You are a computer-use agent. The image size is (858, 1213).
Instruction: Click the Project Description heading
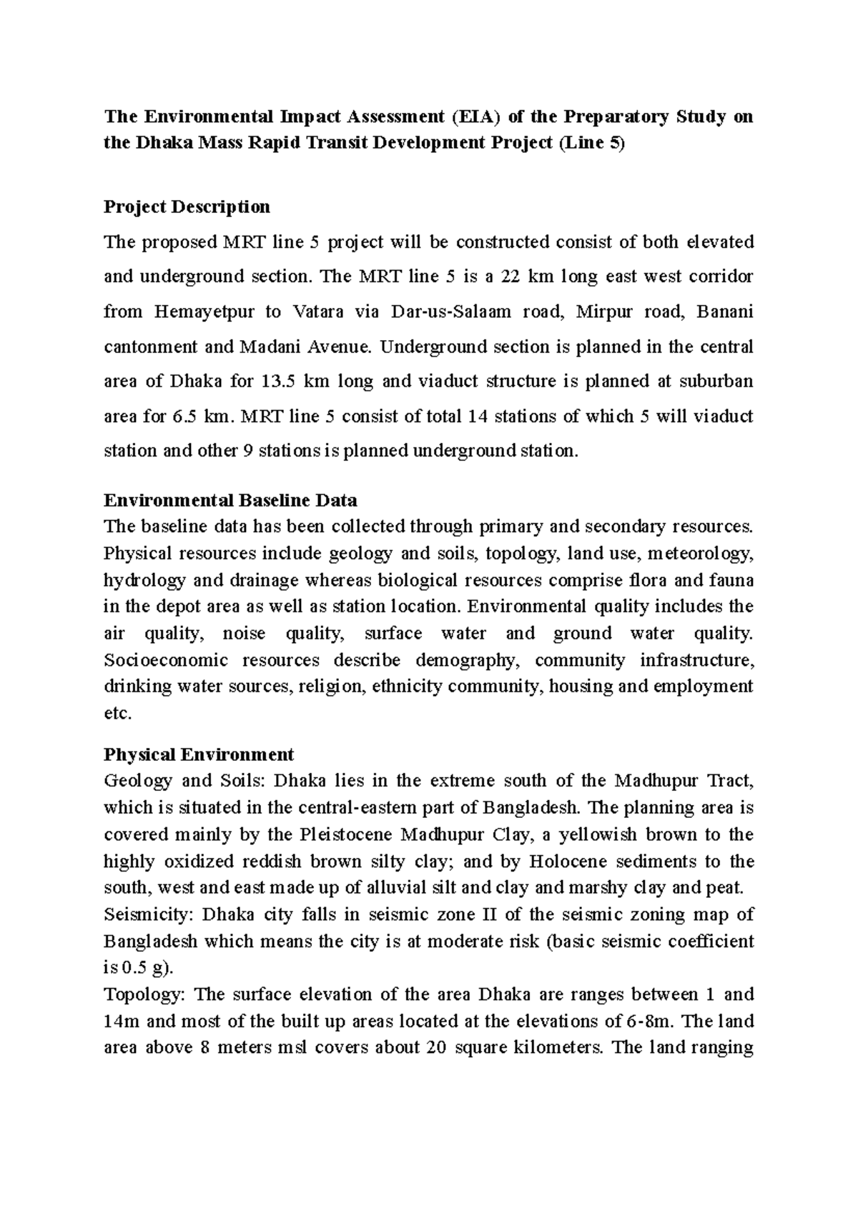[x=187, y=207]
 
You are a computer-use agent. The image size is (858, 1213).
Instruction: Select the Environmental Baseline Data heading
[x=230, y=499]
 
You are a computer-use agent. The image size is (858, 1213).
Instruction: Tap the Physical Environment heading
[x=199, y=754]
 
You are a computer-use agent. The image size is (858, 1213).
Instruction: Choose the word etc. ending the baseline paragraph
[x=118, y=714]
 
